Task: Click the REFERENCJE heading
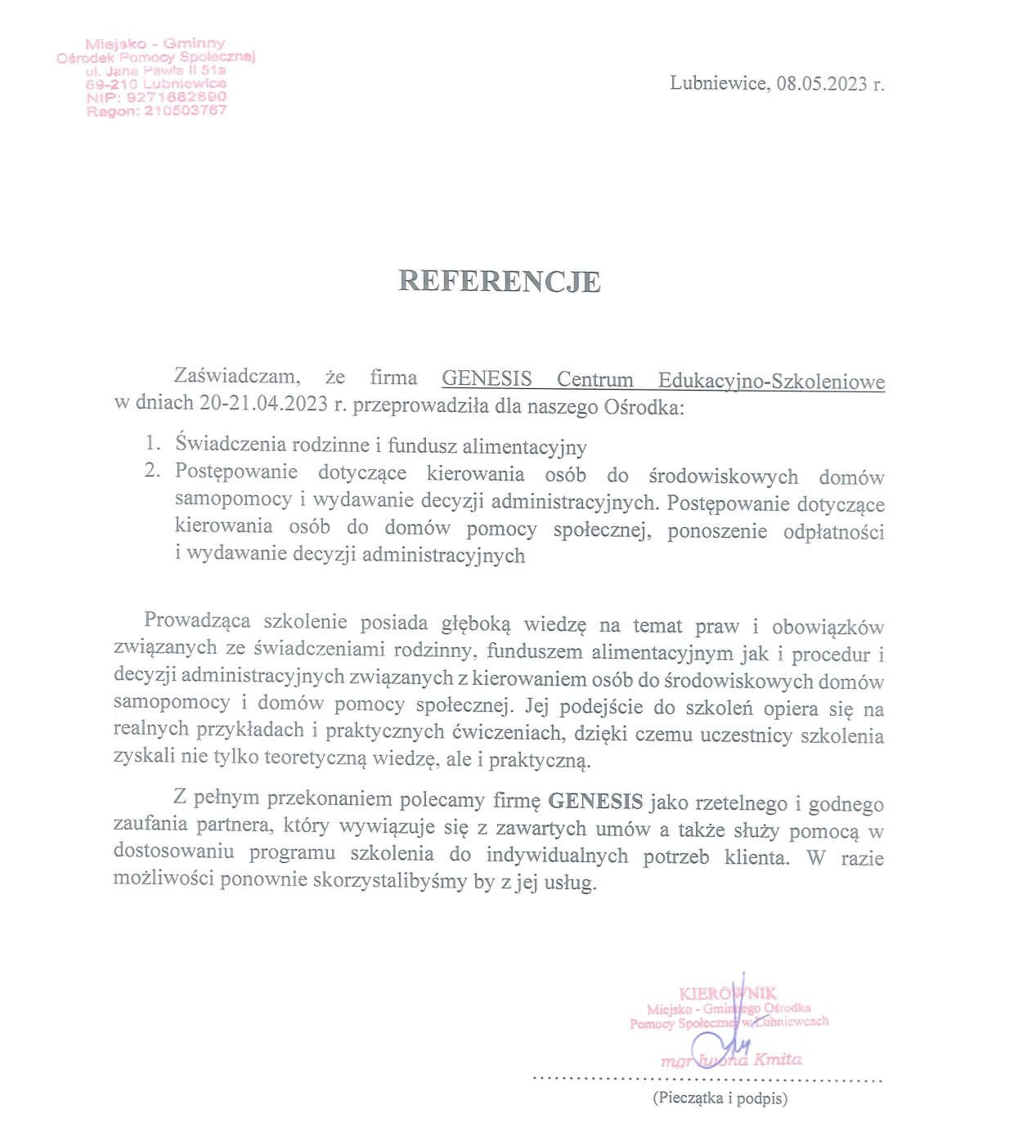(500, 281)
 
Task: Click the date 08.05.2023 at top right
(822, 83)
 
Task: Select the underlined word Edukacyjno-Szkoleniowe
(771, 380)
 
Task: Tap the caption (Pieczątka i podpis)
(720, 1099)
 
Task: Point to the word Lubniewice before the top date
(717, 83)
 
